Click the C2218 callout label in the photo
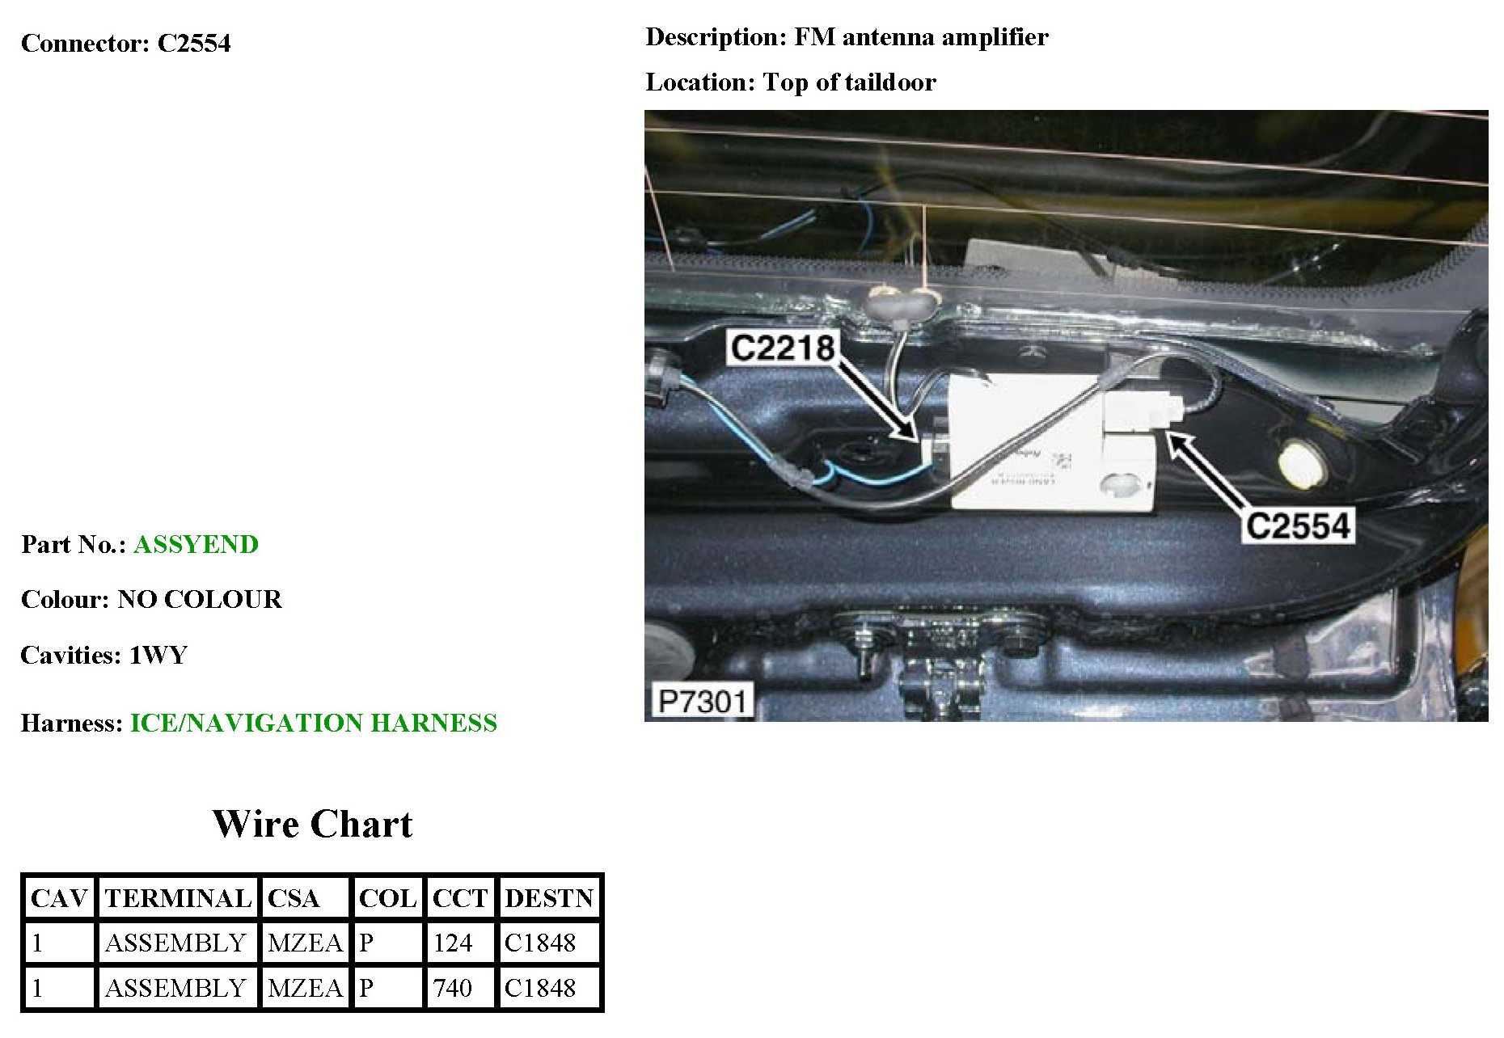point(782,348)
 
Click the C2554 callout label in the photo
point(1298,525)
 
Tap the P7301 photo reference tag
point(702,701)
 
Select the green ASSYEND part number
point(196,545)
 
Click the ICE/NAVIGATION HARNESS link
point(314,723)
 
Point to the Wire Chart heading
point(312,825)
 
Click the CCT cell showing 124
point(453,943)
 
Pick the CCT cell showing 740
point(453,988)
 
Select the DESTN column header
point(549,898)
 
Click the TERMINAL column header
point(178,898)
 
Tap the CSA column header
point(294,898)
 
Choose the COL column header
point(387,898)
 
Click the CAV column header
point(58,898)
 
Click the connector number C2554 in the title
point(194,43)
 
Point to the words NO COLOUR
point(200,600)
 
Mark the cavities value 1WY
point(158,655)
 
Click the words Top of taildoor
point(849,82)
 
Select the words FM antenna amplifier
point(921,37)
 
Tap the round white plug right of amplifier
point(1299,465)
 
